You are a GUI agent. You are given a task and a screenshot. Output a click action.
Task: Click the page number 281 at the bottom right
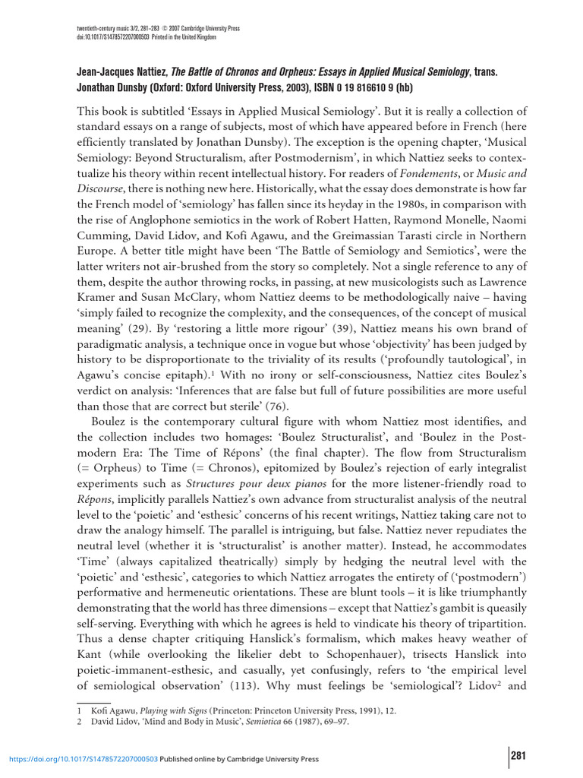click(518, 755)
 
